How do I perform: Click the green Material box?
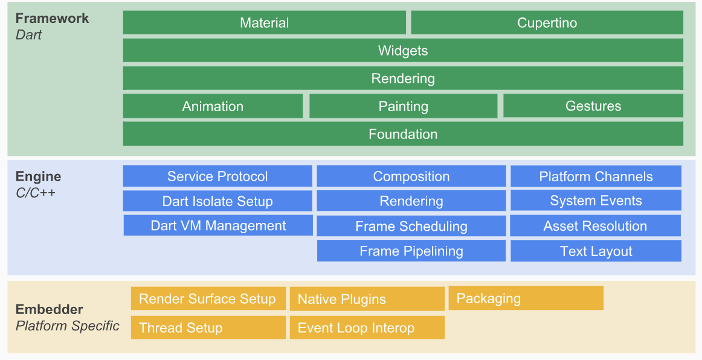(264, 23)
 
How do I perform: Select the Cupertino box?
(547, 23)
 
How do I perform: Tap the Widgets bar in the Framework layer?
(403, 51)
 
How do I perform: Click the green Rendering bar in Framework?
(403, 79)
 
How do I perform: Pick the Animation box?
(213, 106)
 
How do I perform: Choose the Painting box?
(403, 106)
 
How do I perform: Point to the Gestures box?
(593, 106)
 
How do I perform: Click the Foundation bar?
(403, 134)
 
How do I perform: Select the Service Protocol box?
(217, 176)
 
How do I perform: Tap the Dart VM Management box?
(218, 225)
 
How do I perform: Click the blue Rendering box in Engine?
(411, 201)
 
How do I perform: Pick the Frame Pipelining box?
(411, 251)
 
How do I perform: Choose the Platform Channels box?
(596, 176)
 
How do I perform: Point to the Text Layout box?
(596, 251)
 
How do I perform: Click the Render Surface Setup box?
(208, 298)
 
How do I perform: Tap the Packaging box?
(526, 298)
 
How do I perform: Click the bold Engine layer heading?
(38, 176)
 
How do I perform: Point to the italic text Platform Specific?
(67, 326)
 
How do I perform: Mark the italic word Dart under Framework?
(28, 34)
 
